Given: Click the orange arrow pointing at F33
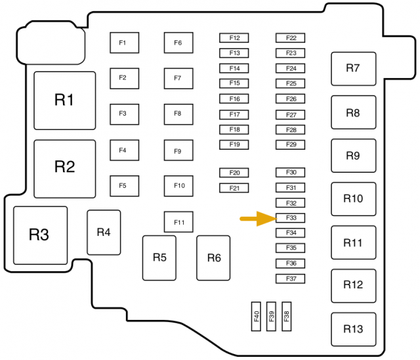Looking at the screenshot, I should click(x=257, y=219).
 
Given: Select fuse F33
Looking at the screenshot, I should click(x=291, y=217).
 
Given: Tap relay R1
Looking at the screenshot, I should click(x=64, y=101).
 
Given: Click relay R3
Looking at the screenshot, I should click(x=39, y=235).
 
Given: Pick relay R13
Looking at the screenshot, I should click(x=353, y=329).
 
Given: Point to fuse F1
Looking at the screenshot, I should click(x=123, y=43).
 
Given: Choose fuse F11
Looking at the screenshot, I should click(x=178, y=222).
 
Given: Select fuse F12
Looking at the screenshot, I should click(x=234, y=38).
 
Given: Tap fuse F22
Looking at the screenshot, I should click(x=291, y=38).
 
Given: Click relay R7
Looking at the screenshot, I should click(x=353, y=68).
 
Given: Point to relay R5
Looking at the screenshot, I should click(x=159, y=258).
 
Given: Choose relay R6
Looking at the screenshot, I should click(x=213, y=258).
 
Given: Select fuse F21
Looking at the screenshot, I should click(x=234, y=188).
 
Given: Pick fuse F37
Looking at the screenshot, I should click(x=291, y=279).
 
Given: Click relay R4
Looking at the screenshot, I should click(x=104, y=232).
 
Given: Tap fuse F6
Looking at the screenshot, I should click(x=178, y=43).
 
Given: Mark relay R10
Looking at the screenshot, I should click(x=353, y=198).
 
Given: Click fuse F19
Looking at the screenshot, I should click(x=234, y=145).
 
